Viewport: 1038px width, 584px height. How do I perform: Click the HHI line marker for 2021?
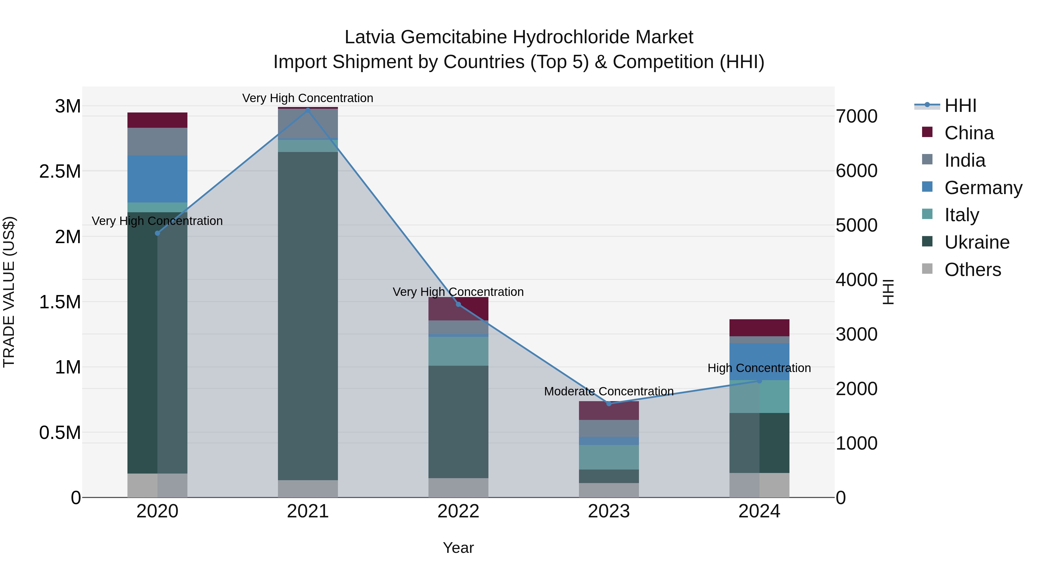308,110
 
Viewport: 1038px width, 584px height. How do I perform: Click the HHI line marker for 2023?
609,403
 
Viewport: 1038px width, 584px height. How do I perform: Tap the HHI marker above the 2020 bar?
157,233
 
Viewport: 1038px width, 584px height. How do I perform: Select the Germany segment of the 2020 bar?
157,179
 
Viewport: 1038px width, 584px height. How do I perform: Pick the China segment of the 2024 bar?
759,328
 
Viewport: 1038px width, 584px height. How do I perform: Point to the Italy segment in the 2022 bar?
458,351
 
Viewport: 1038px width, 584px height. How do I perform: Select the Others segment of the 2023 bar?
609,490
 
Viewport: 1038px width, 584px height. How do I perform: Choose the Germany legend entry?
983,188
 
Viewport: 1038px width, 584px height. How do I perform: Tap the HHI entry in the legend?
960,106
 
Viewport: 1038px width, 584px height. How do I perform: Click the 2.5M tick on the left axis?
60,172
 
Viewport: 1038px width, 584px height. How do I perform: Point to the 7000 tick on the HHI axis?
856,117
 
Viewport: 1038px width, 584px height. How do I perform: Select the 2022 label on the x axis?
458,511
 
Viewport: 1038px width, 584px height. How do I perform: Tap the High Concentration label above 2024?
759,368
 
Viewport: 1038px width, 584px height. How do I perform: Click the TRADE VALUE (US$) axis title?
9,292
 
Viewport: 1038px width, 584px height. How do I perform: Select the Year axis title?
458,548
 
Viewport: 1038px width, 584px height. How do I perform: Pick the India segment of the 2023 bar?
609,429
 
